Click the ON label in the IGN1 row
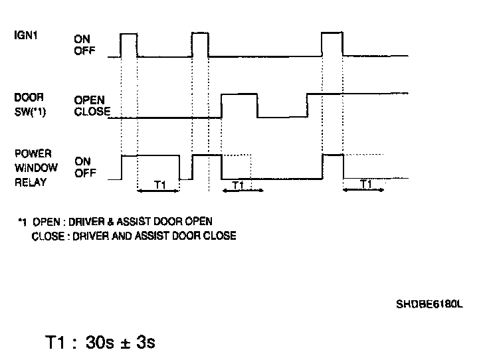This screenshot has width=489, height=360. click(82, 39)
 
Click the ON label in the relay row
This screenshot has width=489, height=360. click(82, 160)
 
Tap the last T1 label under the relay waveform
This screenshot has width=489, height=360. click(365, 184)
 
